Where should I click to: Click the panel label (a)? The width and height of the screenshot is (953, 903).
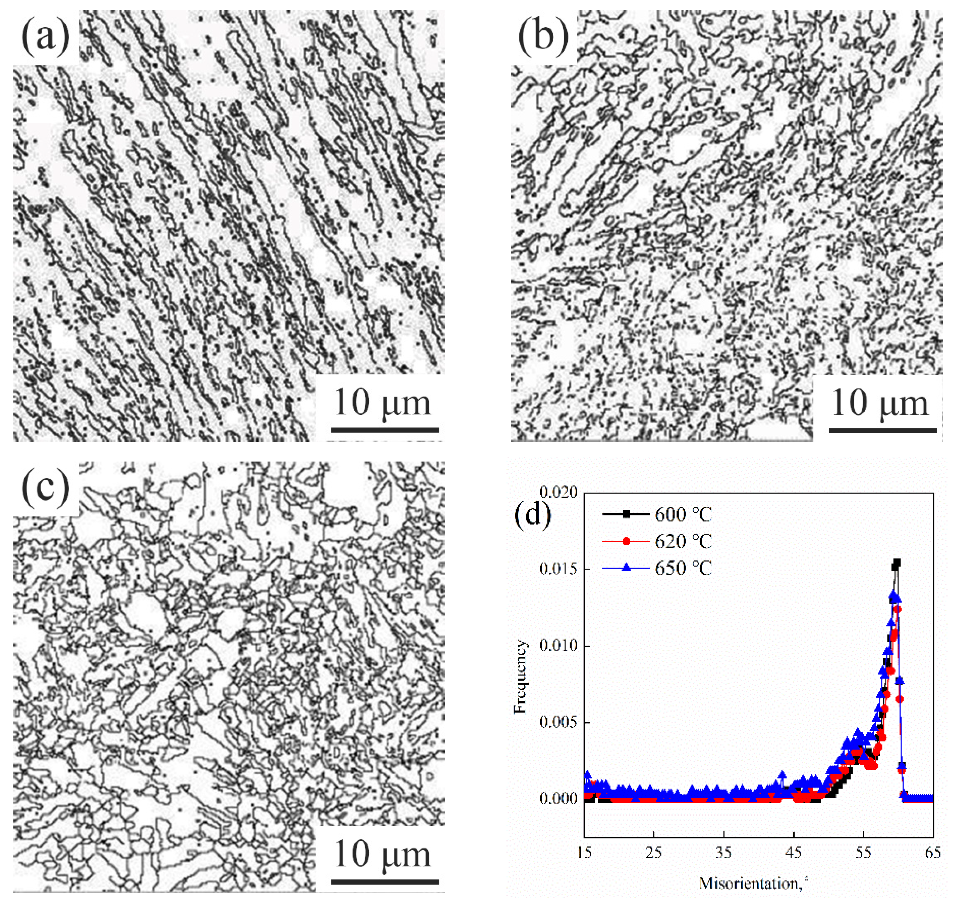point(45,37)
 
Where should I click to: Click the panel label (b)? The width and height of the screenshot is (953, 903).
point(543,37)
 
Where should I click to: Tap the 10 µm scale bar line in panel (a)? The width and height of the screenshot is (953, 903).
point(384,429)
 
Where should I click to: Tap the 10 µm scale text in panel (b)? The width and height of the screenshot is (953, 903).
point(879,403)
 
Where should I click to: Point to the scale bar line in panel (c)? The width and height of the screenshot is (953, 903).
point(384,882)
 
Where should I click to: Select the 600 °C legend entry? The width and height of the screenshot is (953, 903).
point(683,515)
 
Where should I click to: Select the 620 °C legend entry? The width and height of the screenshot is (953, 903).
point(683,542)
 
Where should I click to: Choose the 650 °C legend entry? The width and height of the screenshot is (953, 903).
point(683,568)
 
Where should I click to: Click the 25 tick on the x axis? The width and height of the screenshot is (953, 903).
point(654,853)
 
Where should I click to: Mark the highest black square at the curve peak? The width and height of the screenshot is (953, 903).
point(897,562)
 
